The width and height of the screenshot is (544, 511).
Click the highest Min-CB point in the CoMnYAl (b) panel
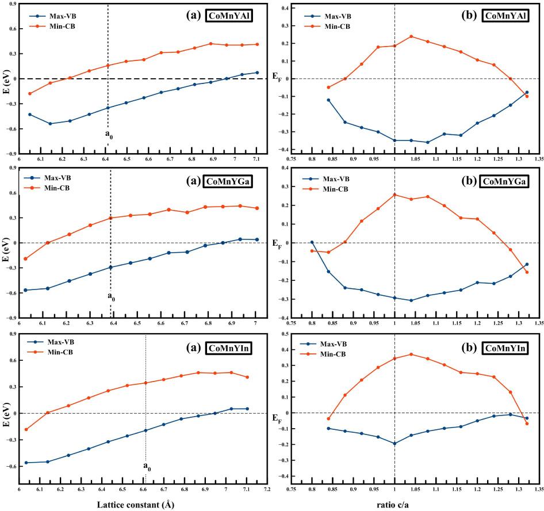(411, 36)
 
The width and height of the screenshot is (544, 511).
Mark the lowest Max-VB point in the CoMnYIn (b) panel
(394, 444)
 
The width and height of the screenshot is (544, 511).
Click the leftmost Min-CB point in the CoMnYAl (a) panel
(30, 94)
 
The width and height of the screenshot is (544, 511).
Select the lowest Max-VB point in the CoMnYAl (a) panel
(50, 124)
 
